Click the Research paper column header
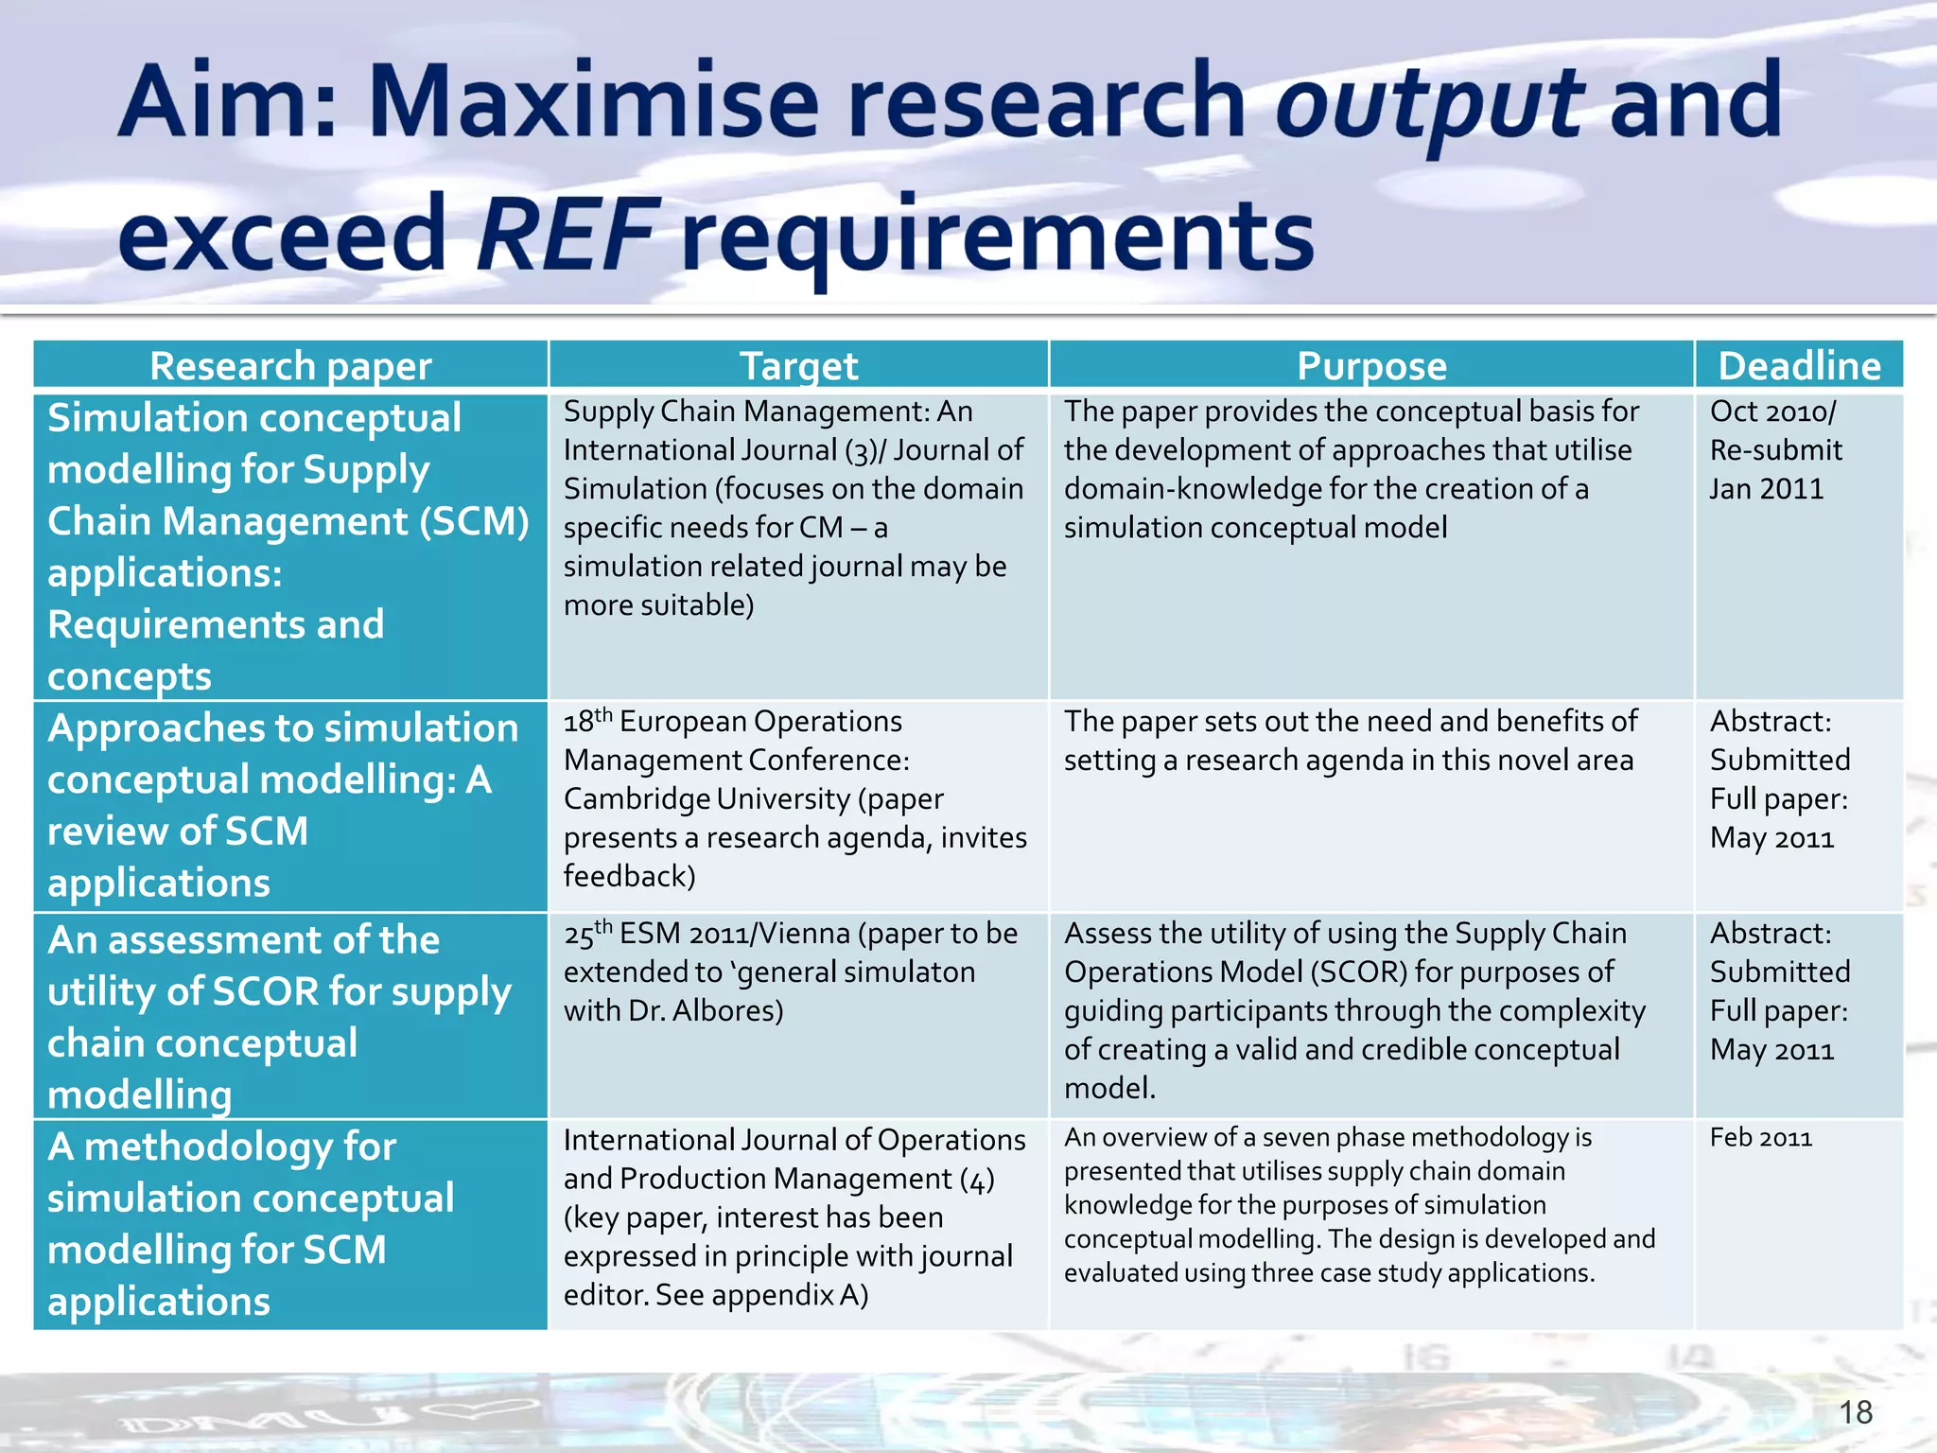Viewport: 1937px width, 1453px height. pyautogui.click(x=290, y=366)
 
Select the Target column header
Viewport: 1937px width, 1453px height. pyautogui.click(x=798, y=366)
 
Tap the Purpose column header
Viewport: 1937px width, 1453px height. pyautogui.click(x=1371, y=366)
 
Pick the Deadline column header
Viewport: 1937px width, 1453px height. pyautogui.click(x=1799, y=366)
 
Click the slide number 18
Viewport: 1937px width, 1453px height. pyautogui.click(x=1856, y=1412)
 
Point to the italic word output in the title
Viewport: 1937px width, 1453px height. pyautogui.click(x=1428, y=102)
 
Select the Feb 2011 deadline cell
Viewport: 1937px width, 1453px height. pyautogui.click(x=1760, y=1138)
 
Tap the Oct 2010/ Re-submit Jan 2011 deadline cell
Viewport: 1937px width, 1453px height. pyautogui.click(x=1775, y=450)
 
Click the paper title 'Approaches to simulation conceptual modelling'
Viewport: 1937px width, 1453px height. pyautogui.click(x=282, y=805)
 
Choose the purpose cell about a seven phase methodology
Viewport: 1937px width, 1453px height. pyautogui.click(x=1359, y=1205)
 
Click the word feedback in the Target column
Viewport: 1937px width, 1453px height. pyautogui.click(x=629, y=877)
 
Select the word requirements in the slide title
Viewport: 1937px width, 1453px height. pyautogui.click(x=997, y=234)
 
